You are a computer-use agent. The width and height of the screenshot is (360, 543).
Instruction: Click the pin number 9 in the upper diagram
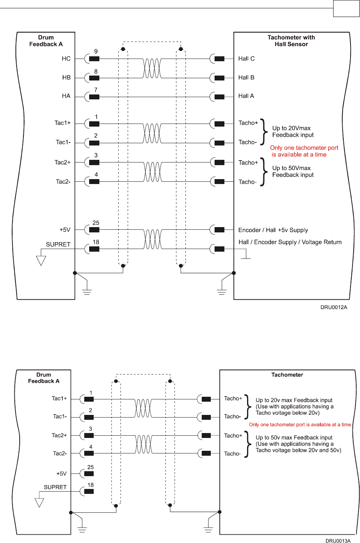point(96,51)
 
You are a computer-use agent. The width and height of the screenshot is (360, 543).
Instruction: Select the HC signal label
point(66,59)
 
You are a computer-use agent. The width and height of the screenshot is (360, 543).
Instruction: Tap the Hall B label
point(246,77)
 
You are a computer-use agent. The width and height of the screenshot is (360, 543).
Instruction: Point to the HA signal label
point(66,96)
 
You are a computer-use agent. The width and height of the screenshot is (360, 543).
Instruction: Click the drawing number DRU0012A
point(334,307)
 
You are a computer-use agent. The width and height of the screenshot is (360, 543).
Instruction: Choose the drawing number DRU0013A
point(338,541)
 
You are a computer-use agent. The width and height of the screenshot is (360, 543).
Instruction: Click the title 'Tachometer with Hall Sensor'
point(291,41)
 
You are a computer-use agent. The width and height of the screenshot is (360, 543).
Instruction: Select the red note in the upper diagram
point(304,151)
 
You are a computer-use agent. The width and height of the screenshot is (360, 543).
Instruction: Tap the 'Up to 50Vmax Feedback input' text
point(293,172)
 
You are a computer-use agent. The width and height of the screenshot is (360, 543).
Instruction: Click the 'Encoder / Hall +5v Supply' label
point(273,230)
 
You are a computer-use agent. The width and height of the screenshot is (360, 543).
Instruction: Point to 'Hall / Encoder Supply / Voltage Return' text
point(290,242)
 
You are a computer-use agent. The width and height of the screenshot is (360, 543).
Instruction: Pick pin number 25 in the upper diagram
point(96,223)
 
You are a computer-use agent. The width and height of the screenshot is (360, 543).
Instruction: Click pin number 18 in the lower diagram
point(91,485)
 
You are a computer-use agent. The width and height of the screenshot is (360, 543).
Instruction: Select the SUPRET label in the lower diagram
point(55,487)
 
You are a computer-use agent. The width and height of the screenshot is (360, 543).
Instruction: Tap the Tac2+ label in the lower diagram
point(59,435)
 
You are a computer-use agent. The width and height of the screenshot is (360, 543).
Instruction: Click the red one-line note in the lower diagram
point(300,425)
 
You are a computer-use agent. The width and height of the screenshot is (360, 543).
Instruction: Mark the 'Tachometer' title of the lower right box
point(287,375)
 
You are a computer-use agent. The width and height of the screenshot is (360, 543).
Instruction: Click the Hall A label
point(246,96)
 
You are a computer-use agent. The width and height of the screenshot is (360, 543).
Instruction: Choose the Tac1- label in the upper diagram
point(63,142)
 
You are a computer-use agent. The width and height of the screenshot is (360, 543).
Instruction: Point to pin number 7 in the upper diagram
point(96,90)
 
